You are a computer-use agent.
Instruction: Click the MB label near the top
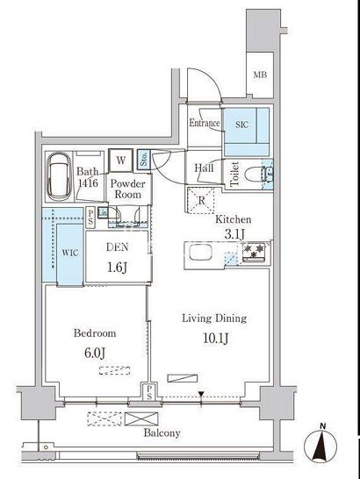(260, 75)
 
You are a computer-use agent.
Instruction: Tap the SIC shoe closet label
(241, 125)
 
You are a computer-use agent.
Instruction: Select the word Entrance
(205, 123)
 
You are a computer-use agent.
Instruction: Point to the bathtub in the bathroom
(60, 175)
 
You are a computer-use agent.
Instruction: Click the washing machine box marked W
(121, 161)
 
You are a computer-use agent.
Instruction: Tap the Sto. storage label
(144, 159)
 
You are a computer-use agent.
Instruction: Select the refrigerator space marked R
(201, 200)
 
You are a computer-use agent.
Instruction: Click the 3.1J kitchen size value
(234, 234)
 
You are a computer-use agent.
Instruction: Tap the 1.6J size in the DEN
(117, 268)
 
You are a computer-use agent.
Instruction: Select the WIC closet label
(70, 253)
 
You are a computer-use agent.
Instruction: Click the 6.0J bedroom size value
(95, 353)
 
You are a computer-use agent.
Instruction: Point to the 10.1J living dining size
(215, 339)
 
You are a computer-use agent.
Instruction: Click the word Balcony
(162, 433)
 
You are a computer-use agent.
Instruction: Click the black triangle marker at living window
(201, 394)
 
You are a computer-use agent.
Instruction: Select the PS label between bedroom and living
(149, 392)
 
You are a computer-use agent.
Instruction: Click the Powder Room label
(128, 189)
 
